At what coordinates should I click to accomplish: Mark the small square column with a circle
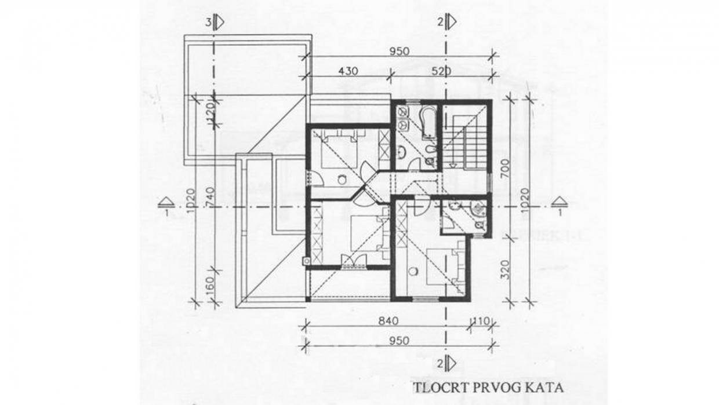pyautogui.click(x=306, y=259)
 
